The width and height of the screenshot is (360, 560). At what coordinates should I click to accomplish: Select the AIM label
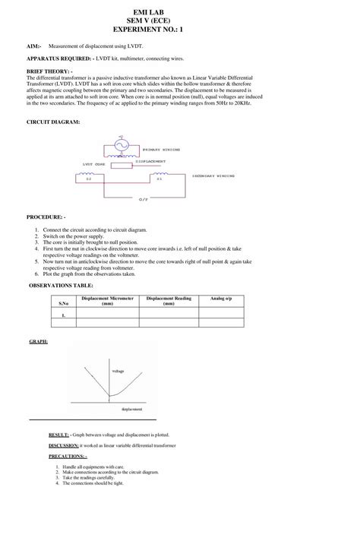pyautogui.click(x=34, y=46)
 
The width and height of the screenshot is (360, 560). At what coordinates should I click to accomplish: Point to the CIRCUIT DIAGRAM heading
pyautogui.click(x=53, y=122)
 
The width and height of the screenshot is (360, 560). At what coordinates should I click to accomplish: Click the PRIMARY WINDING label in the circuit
pyautogui.click(x=162, y=150)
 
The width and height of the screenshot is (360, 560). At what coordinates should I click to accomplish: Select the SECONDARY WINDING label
pyautogui.click(x=213, y=176)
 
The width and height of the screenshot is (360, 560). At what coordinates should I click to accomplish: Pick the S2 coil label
pyautogui.click(x=88, y=179)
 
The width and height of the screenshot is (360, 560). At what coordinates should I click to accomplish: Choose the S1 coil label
pyautogui.click(x=159, y=179)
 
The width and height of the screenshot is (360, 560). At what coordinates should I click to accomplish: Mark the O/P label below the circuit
pyautogui.click(x=144, y=198)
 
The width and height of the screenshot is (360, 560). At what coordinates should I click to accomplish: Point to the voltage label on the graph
pyautogui.click(x=118, y=371)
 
